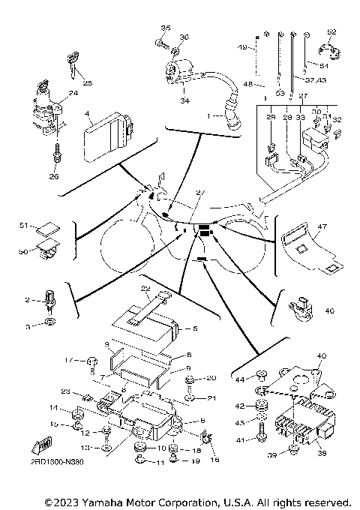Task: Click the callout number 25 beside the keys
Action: [x=88, y=82]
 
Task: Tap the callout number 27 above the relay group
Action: [x=302, y=96]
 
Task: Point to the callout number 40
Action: [x=322, y=355]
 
